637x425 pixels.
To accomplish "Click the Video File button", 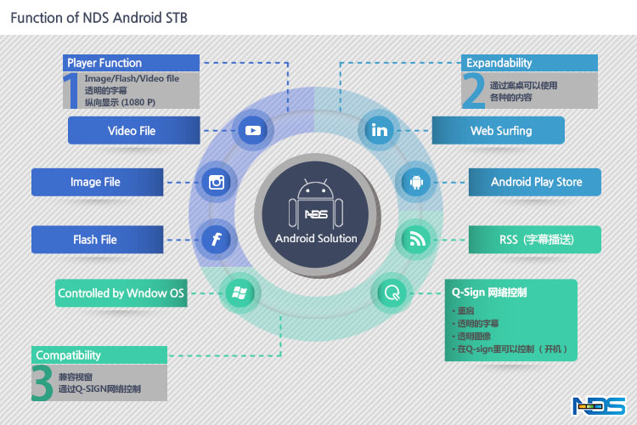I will (132, 131).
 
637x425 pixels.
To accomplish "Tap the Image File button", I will (96, 182).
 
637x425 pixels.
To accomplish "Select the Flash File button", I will (96, 240).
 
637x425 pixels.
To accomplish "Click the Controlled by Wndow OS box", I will (121, 293).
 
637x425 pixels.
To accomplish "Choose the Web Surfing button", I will (500, 131).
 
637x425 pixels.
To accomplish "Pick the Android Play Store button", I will (536, 182).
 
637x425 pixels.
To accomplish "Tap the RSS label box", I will (536, 240).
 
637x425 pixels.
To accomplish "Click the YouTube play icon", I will (252, 131).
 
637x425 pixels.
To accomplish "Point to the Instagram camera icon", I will (217, 182).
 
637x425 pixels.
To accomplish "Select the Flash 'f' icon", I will (217, 240).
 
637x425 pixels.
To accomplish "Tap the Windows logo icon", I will (239, 293).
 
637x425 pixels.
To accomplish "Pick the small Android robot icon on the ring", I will (416, 182).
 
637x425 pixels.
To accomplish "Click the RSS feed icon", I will (416, 240).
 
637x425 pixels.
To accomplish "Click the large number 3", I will (42, 383).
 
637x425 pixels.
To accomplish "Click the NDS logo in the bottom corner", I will (600, 406).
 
